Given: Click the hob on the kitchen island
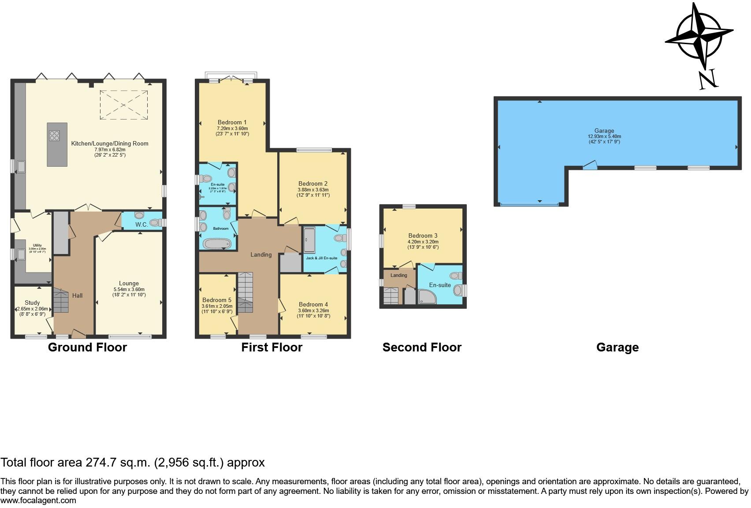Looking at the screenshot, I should click(x=54, y=135).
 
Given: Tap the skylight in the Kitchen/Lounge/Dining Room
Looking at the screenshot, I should click(x=123, y=105).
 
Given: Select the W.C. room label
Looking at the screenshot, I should click(x=141, y=224).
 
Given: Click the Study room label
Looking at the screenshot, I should click(x=32, y=303).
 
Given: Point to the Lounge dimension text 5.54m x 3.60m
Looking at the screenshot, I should click(x=129, y=289).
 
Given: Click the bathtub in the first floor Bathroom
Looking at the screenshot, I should click(x=217, y=244).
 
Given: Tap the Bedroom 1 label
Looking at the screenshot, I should click(x=232, y=122).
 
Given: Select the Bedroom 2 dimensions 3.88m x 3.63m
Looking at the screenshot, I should click(x=313, y=190).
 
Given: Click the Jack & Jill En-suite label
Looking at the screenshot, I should click(x=322, y=258).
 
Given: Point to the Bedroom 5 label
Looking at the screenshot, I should click(x=217, y=300).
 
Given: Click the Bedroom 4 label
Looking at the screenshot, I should click(x=313, y=304).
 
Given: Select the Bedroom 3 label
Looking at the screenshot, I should click(x=423, y=235).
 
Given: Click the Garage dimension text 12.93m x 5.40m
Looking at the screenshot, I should click(x=604, y=136).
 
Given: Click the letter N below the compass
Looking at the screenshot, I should click(x=709, y=79).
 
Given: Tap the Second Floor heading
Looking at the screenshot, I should click(x=422, y=347).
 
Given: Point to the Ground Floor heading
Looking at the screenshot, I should click(x=87, y=347).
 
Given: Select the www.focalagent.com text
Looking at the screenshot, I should click(x=38, y=501).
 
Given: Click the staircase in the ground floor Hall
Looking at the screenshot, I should click(x=61, y=301).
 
